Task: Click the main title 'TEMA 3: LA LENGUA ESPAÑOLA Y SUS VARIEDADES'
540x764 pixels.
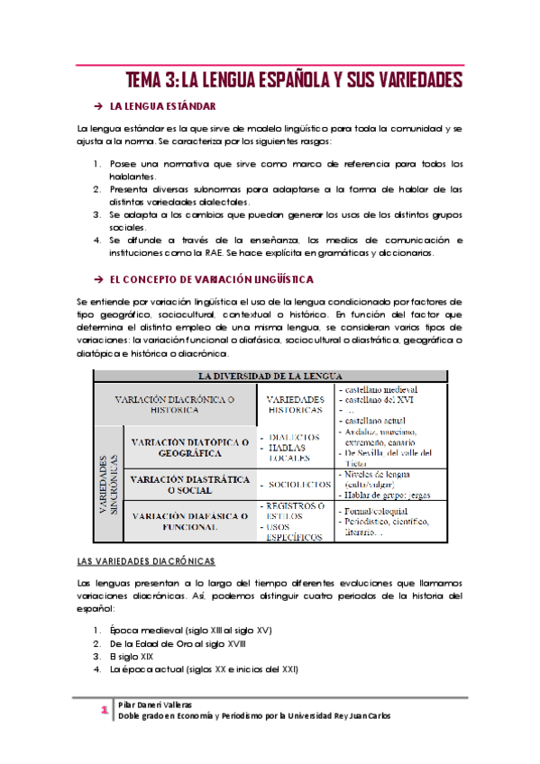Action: point(293,81)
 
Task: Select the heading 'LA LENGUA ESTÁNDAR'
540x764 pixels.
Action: point(168,107)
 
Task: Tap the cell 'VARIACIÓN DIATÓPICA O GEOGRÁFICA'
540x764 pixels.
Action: point(190,448)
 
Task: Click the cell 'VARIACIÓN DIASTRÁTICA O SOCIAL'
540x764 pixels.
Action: point(190,486)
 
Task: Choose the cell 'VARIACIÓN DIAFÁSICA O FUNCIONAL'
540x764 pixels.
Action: point(190,522)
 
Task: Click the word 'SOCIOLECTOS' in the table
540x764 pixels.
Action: point(297,486)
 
